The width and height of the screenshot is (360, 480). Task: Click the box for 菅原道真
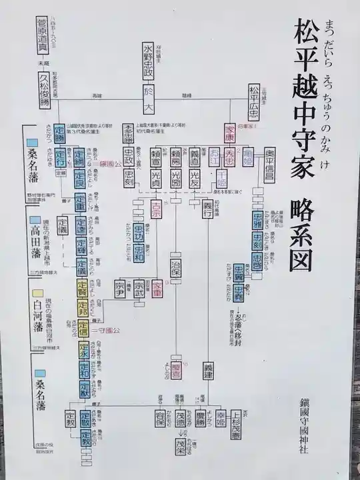pos(45,38)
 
